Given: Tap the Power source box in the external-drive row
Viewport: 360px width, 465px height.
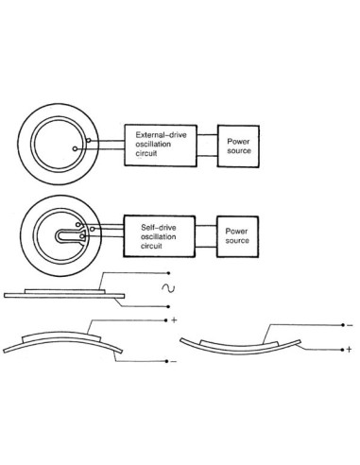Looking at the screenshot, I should point(237,144).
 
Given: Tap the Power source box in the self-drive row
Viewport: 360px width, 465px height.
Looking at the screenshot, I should point(237,233).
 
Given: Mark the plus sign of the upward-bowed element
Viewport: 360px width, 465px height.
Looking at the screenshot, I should point(177,319).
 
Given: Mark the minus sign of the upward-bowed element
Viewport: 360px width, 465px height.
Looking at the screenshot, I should point(174,361).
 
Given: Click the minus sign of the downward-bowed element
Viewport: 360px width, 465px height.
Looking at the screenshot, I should point(349,324).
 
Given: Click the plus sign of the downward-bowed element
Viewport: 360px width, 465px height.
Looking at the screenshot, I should point(349,350).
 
